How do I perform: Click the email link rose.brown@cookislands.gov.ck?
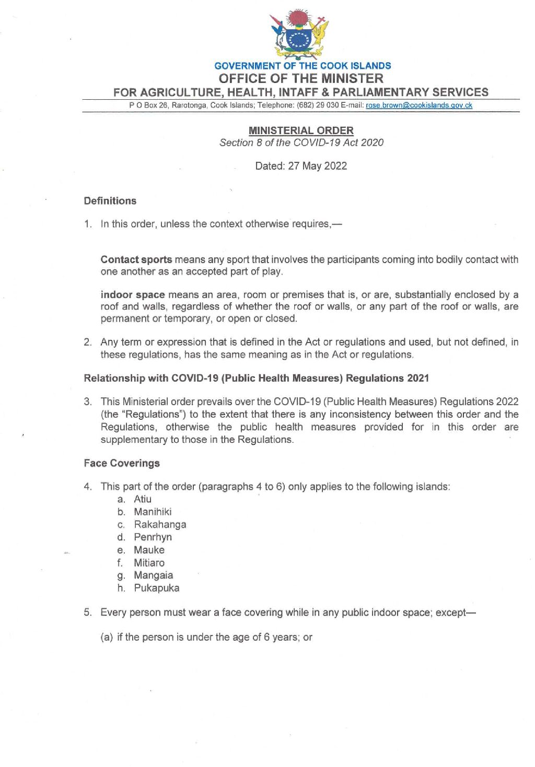tap(418, 105)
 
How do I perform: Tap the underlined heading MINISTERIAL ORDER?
tap(301, 131)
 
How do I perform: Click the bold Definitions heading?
tap(110, 201)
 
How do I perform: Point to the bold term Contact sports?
tap(136, 259)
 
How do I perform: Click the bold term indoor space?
tap(133, 295)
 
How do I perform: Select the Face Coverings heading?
tap(122, 463)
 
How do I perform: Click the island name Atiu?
tap(143, 499)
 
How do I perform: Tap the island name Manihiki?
tap(153, 512)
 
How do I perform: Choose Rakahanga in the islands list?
tap(160, 524)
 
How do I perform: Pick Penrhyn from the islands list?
tap(153, 537)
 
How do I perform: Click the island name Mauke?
tap(149, 550)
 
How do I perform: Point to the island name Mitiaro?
tap(149, 563)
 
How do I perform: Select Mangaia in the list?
tap(153, 575)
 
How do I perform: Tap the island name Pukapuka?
tap(156, 588)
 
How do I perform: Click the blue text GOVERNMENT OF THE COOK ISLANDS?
tap(303, 66)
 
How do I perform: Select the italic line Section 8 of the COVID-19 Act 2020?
tap(301, 143)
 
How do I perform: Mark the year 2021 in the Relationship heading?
tap(417, 378)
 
